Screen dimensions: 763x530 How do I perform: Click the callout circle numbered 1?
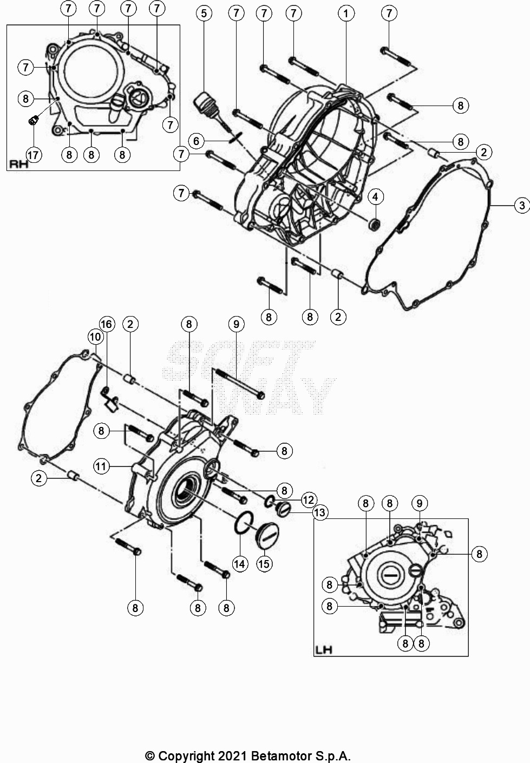point(346,13)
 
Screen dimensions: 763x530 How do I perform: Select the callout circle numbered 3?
point(521,205)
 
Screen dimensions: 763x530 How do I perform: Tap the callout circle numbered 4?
point(375,196)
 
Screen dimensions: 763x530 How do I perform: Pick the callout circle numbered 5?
point(204,13)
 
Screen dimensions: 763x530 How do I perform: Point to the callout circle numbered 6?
point(196,141)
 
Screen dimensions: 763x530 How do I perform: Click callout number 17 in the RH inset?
point(34,155)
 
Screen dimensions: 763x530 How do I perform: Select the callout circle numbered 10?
point(95,337)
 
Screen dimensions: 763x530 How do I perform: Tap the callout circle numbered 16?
point(107,324)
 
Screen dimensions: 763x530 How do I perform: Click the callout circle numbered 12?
point(309,499)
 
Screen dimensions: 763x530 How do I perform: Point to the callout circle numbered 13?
point(320,512)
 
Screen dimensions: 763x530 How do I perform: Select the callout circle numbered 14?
point(240,563)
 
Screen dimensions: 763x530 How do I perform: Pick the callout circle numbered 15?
point(264,563)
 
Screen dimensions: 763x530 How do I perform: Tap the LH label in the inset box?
point(324,649)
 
